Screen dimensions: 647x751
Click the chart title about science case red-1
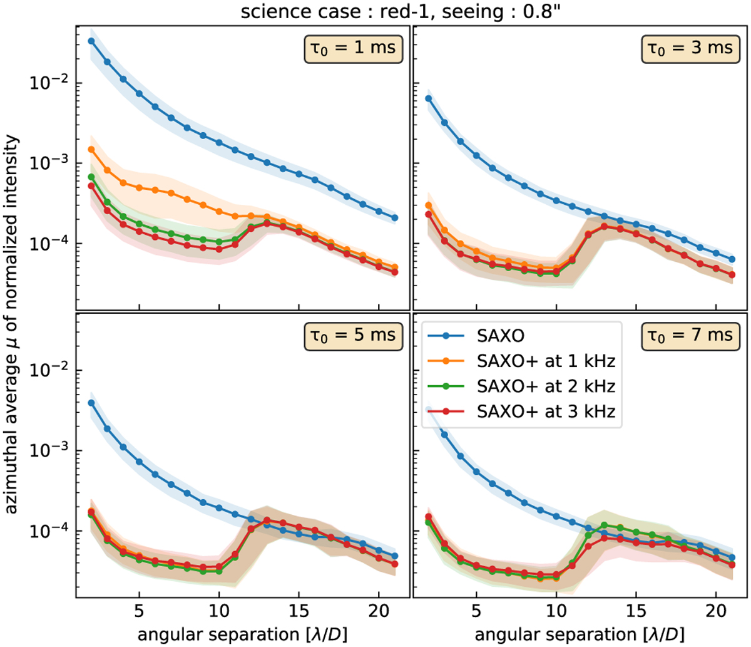[375, 11]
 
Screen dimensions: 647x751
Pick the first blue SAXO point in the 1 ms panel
[91, 41]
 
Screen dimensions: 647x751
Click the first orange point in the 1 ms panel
[91, 150]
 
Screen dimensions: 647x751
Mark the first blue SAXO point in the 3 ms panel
[429, 98]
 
